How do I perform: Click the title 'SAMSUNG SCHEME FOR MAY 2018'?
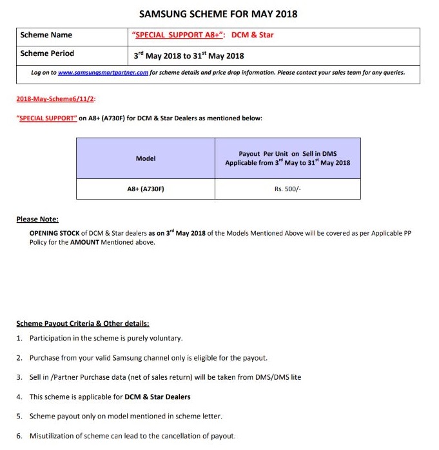[219, 14]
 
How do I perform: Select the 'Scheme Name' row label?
[46, 35]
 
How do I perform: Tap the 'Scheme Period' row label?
[47, 53]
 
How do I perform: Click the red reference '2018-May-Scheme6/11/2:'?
[55, 99]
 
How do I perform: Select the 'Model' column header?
[146, 158]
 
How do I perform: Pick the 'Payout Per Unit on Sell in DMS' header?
[288, 154]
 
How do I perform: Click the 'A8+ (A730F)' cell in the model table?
[146, 189]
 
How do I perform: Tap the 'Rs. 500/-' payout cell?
[288, 189]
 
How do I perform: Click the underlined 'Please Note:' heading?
[37, 220]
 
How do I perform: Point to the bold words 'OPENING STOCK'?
[54, 233]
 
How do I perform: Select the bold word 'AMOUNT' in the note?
[84, 243]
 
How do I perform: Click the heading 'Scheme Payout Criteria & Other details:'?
[83, 323]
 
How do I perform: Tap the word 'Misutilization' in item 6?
[53, 436]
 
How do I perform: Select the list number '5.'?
[20, 417]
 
